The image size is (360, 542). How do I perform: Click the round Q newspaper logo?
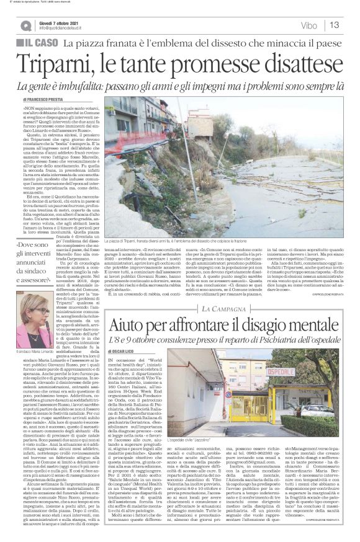[24, 24]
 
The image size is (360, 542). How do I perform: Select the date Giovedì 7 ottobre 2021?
[61, 20]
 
